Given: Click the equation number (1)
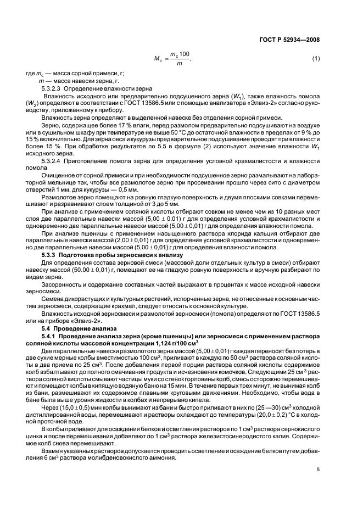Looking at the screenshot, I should point(316,58).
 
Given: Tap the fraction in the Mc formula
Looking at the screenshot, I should point(179,59).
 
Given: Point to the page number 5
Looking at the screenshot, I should point(318,470).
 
